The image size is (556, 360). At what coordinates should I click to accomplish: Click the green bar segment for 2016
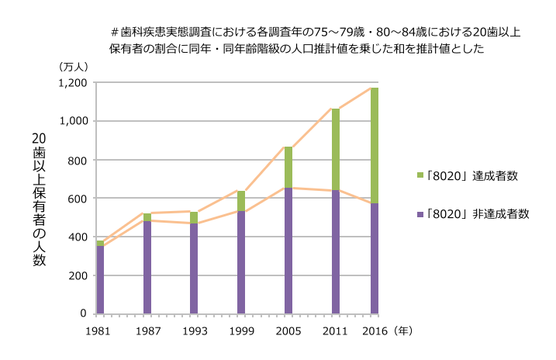tap(375, 145)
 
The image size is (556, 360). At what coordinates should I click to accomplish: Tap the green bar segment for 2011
tap(335, 149)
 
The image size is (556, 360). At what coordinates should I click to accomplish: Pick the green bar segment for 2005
tap(288, 167)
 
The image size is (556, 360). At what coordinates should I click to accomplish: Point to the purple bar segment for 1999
tap(241, 262)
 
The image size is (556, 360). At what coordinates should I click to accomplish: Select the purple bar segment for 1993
tap(194, 268)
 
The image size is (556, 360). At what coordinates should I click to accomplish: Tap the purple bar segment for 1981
tap(100, 279)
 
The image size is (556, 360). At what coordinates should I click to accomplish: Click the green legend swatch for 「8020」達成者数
tap(419, 175)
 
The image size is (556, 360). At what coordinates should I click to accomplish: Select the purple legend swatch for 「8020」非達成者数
tap(419, 213)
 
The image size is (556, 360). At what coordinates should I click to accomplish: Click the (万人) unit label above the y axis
tap(74, 67)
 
